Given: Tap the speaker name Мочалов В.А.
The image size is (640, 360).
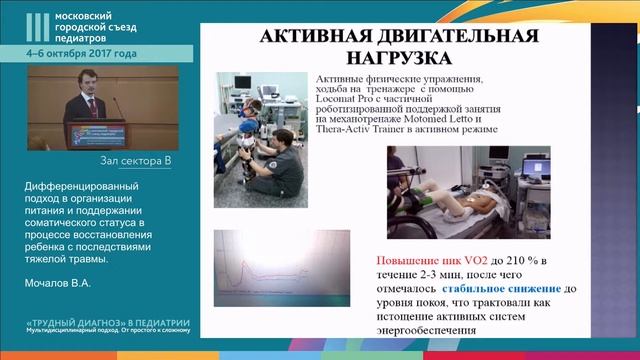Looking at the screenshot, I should pos(57,282).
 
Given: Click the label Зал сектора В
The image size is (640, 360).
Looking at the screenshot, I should pos(137,160).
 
